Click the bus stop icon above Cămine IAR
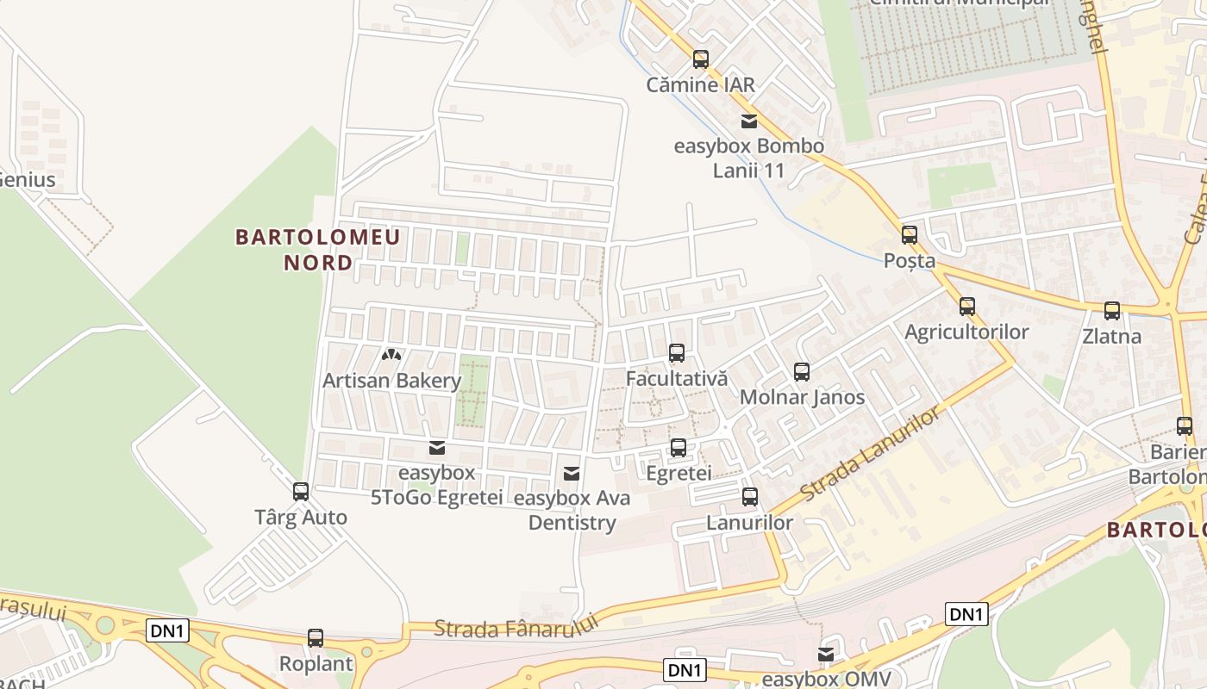701,59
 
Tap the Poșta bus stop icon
910,235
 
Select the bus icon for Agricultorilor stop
967,307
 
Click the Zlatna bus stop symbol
1112,311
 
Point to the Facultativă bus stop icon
677,353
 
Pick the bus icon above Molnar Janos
802,372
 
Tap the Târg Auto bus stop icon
301,492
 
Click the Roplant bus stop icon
316,638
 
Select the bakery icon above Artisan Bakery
392,355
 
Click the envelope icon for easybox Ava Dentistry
571,473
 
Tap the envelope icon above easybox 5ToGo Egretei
437,448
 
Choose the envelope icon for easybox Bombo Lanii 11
749,121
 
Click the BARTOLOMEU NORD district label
318,250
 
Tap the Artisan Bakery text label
392,381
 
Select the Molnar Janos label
802,398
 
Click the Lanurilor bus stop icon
750,497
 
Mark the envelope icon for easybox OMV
826,655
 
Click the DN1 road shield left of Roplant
167,630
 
